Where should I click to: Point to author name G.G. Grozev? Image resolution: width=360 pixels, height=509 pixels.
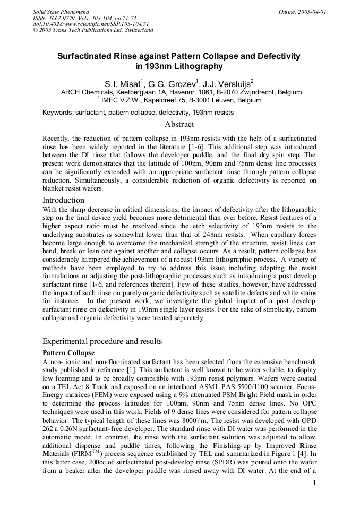(x=174, y=83)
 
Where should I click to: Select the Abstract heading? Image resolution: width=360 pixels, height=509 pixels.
(x=179, y=124)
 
